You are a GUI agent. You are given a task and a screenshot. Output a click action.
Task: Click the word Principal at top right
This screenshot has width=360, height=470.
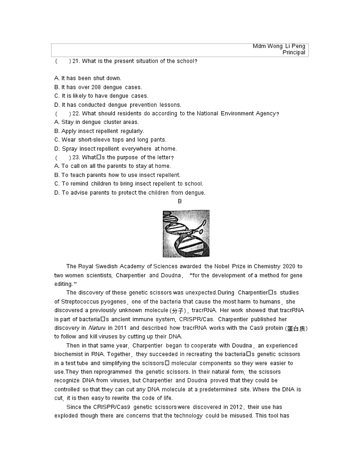tap(294, 53)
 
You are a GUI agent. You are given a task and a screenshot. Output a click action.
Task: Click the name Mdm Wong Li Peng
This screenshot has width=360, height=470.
tap(279, 46)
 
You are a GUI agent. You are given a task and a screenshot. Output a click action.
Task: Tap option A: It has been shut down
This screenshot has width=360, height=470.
tap(88, 78)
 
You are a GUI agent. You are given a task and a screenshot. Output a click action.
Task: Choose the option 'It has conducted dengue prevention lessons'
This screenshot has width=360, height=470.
tap(118, 105)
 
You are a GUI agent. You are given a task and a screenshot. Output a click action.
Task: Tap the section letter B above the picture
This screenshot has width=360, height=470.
tap(180, 201)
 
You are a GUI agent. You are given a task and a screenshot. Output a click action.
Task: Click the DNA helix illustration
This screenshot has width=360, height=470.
tap(186, 233)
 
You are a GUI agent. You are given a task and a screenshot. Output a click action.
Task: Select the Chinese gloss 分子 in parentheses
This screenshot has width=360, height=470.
tap(178, 311)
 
